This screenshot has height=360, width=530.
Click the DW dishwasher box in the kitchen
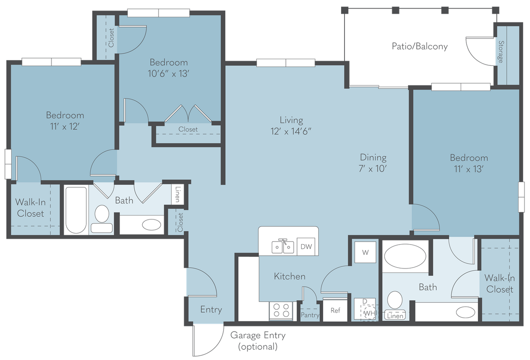pos(306,246)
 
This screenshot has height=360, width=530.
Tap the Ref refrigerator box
pos(335,310)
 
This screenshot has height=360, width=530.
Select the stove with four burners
pos(280,310)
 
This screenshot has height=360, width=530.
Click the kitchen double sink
pos(283,247)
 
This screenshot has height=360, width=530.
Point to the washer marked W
pos(365,252)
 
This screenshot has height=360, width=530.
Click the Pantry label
pos(310,315)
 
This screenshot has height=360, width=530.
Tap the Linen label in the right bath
pos(395,316)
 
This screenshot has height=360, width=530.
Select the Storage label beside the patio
pos(500,52)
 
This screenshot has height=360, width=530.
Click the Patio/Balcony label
pos(420,47)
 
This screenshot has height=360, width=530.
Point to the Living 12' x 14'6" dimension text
pos(291,131)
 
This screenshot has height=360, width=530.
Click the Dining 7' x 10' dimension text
pos(373,168)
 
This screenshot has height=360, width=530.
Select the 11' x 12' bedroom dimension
pos(65,127)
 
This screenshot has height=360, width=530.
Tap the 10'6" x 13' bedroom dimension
pos(169,74)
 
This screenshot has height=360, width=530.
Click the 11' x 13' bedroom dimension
pos(468,169)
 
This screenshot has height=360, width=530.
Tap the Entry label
pos(211,310)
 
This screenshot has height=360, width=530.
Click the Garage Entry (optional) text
pos(258,341)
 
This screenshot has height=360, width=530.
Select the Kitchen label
pos(289,277)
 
